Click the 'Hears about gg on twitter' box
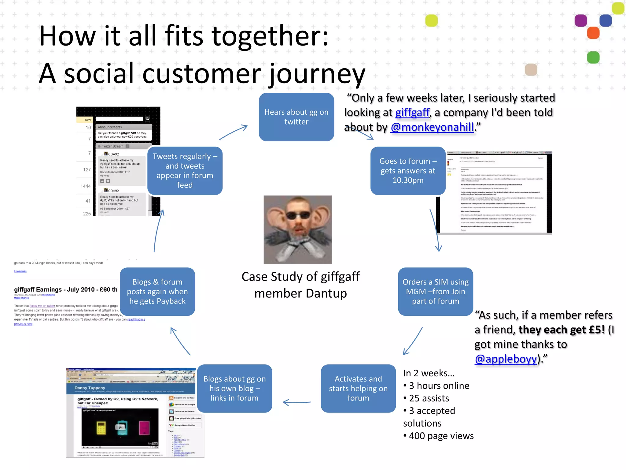(x=296, y=117)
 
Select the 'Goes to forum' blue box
(x=408, y=170)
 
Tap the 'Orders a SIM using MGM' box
(x=435, y=291)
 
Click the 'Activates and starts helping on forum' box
(x=358, y=388)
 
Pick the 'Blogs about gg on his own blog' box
(x=234, y=388)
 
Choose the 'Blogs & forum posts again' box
(x=157, y=291)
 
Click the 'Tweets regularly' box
(x=185, y=170)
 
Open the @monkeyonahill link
(x=432, y=127)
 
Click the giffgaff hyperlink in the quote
(x=412, y=113)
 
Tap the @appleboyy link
(x=506, y=359)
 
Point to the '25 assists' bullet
(x=429, y=398)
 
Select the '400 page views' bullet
(x=441, y=436)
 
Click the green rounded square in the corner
(x=593, y=58)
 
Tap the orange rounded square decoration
(x=593, y=33)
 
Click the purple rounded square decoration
(x=580, y=21)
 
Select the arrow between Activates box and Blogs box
(x=296, y=402)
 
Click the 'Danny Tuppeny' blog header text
(x=90, y=388)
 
